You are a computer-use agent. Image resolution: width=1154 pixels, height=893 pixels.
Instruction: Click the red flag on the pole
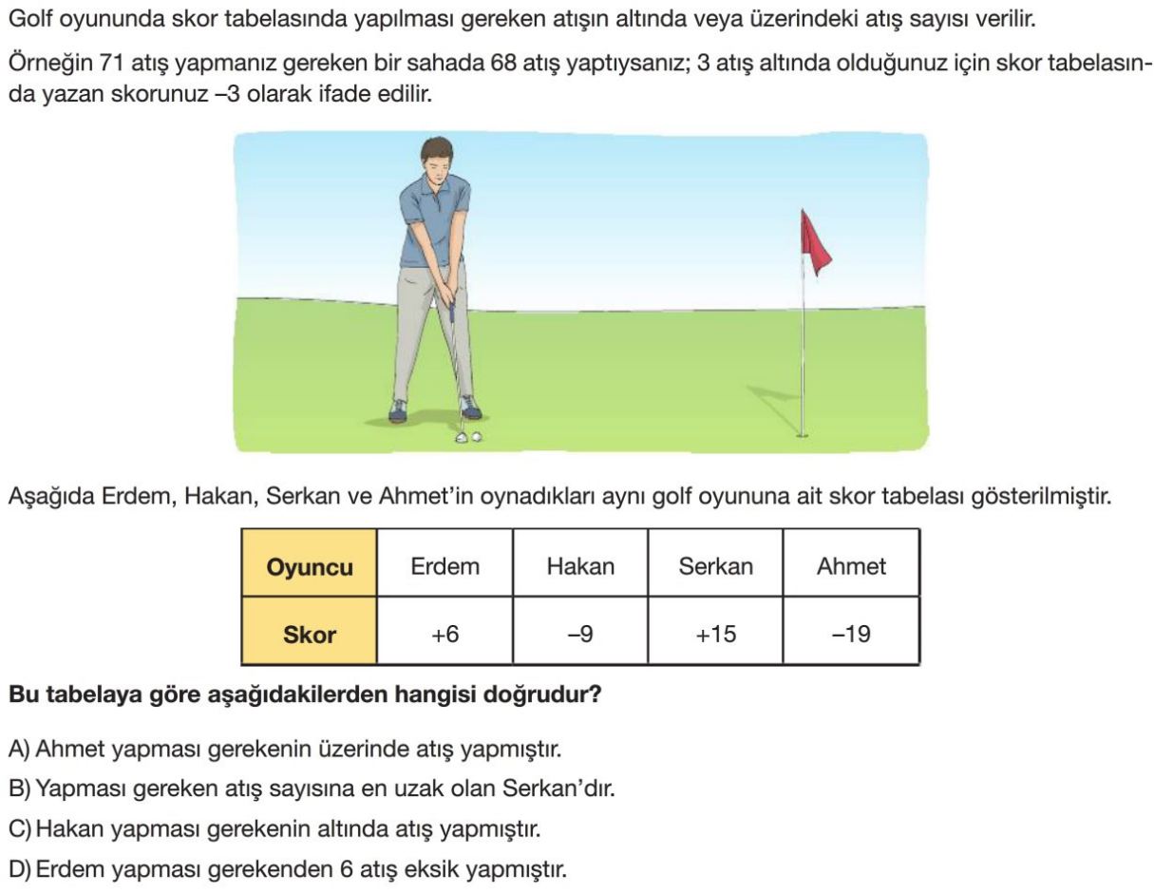coord(814,241)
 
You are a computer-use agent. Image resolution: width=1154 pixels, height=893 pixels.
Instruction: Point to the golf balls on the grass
coord(467,437)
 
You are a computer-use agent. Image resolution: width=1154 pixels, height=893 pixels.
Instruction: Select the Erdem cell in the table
coord(445,567)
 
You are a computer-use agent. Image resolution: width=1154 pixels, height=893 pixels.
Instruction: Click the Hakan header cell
coord(580,567)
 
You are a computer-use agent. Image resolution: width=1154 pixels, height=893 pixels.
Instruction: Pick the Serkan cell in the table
coord(715,567)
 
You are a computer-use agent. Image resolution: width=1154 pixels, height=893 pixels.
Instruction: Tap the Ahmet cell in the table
coord(851,567)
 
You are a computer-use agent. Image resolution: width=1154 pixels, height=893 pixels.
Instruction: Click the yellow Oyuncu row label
coord(310,568)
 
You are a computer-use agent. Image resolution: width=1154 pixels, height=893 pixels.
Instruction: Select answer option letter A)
coord(19,750)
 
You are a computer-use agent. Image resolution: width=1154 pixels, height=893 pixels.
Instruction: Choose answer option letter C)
coord(19,829)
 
